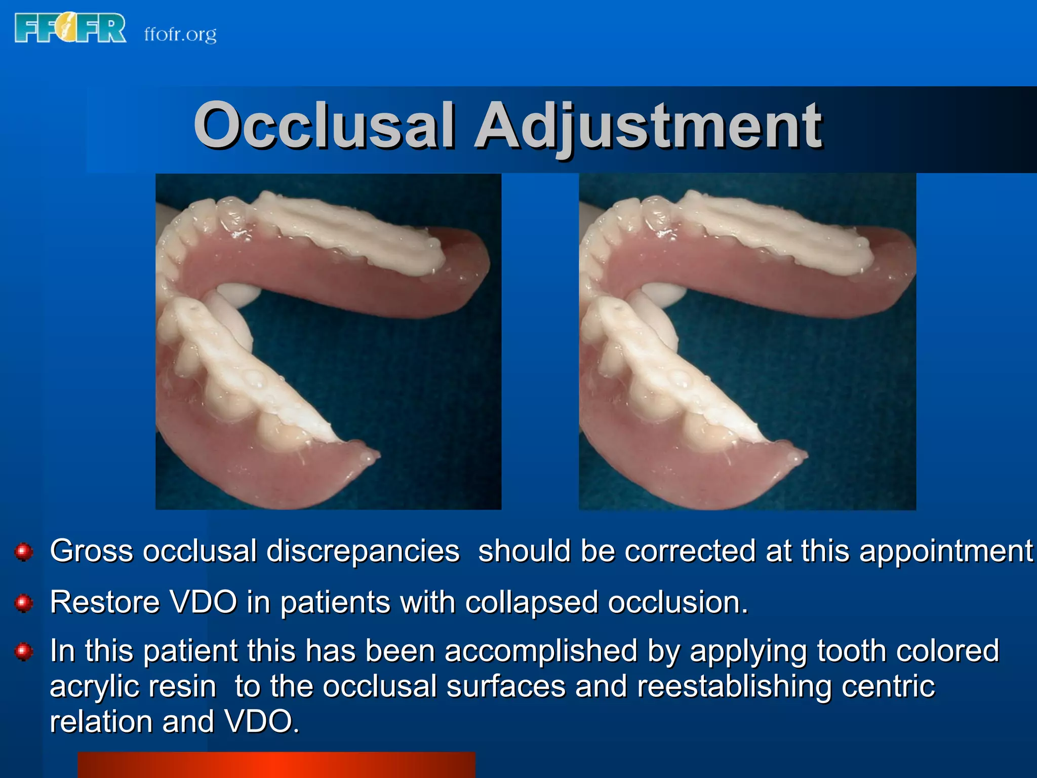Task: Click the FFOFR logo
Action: (70, 28)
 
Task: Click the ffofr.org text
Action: (180, 34)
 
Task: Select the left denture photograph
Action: (328, 341)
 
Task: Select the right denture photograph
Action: (747, 341)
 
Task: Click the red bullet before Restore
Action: (24, 603)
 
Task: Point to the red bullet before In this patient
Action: (24, 651)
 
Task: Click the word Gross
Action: (91, 551)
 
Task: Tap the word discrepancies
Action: (363, 552)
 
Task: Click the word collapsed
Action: (531, 603)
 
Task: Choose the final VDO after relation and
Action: (261, 721)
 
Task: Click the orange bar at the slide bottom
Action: (276, 765)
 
